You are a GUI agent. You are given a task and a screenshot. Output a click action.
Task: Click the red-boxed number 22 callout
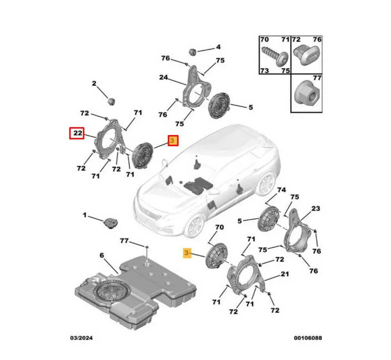pyautogui.click(x=78, y=133)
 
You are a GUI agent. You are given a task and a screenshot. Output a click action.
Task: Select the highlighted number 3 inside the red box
pyautogui.click(x=173, y=141)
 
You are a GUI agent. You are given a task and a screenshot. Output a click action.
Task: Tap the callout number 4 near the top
pyautogui.click(x=218, y=47)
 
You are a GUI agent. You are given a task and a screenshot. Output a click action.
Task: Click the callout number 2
pyautogui.click(x=94, y=83)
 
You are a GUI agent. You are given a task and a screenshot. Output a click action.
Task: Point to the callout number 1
pyautogui.click(x=84, y=215)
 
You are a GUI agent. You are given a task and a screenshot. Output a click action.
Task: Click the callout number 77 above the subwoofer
pyautogui.click(x=124, y=241)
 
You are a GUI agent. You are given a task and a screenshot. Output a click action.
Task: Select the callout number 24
pyautogui.click(x=163, y=77)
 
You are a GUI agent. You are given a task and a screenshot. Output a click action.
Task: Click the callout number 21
pyautogui.click(x=285, y=274)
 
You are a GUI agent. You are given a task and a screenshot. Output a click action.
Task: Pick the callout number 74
pyautogui.click(x=282, y=190)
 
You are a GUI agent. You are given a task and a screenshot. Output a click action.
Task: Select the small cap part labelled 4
pyautogui.click(x=193, y=51)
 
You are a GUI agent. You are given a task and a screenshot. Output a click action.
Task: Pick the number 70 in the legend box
pyautogui.click(x=265, y=39)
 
